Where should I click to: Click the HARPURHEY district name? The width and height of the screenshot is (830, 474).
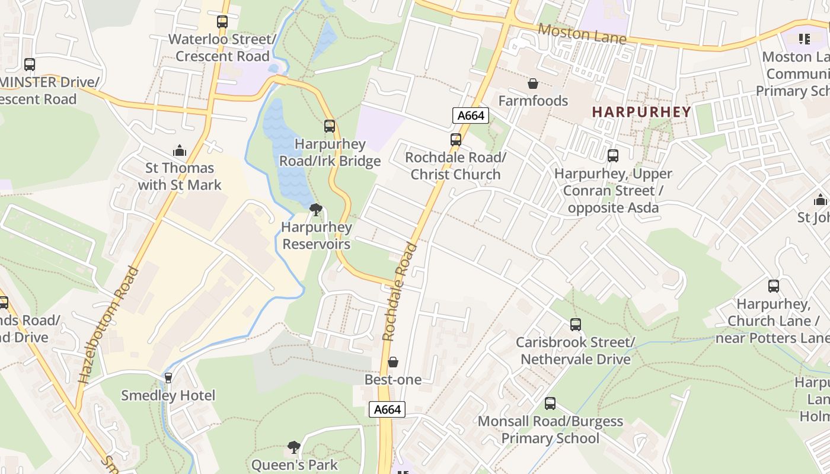pyautogui.click(x=641, y=112)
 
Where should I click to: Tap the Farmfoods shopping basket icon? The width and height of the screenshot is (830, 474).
pyautogui.click(x=533, y=84)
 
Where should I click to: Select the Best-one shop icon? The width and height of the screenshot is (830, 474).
pyautogui.click(x=392, y=362)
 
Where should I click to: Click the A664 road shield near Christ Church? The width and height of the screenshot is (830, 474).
pyautogui.click(x=471, y=116)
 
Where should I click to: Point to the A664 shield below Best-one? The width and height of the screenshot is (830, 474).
pyautogui.click(x=387, y=409)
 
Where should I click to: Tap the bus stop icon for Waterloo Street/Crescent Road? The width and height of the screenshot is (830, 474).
pyautogui.click(x=222, y=22)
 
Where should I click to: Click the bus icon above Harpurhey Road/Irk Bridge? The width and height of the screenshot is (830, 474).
pyautogui.click(x=330, y=126)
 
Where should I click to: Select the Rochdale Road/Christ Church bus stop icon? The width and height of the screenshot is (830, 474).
pyautogui.click(x=455, y=140)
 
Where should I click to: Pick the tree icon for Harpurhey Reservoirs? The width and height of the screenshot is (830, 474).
pyautogui.click(x=316, y=209)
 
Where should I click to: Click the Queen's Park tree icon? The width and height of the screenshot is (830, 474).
pyautogui.click(x=294, y=447)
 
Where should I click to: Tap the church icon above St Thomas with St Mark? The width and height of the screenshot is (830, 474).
pyautogui.click(x=179, y=150)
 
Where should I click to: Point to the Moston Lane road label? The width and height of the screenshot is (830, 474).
pyautogui.click(x=582, y=34)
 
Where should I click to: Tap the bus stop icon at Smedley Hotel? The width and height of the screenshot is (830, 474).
pyautogui.click(x=168, y=377)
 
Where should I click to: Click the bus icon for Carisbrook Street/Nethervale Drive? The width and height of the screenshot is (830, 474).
pyautogui.click(x=575, y=325)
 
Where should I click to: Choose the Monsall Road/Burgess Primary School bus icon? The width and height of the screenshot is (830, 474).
pyautogui.click(x=550, y=403)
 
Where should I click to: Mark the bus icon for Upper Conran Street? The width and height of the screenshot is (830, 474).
pyautogui.click(x=613, y=156)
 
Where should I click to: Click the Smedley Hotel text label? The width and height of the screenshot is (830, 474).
pyautogui.click(x=168, y=395)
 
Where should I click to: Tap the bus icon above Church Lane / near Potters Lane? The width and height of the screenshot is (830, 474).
pyautogui.click(x=774, y=286)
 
